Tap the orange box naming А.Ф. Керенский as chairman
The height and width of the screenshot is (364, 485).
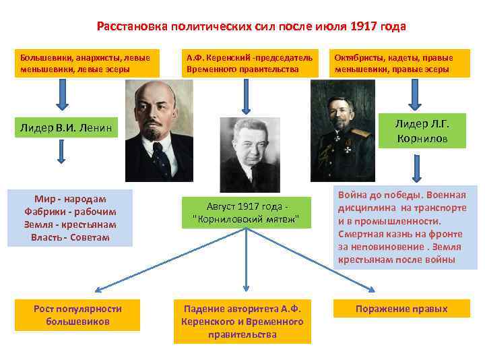click(249, 63)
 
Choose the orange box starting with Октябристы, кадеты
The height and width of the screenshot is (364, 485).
click(402, 63)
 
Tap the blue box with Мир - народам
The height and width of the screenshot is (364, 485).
click(70, 218)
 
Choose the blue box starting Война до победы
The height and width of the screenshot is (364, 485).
click(405, 227)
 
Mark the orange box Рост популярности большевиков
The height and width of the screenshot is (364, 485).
click(77, 314)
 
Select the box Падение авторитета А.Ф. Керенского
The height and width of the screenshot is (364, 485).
click(242, 321)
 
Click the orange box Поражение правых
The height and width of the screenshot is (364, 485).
click(402, 309)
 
